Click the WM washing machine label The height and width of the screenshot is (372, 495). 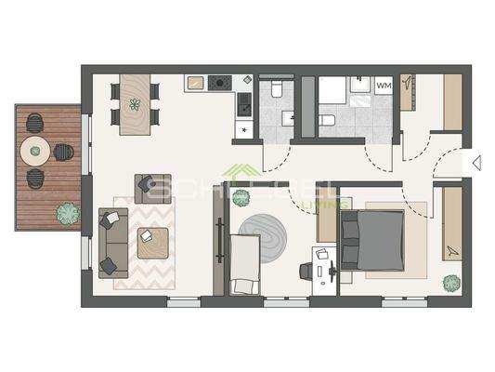pos(384,86)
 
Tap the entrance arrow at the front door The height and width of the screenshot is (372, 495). pos(476,163)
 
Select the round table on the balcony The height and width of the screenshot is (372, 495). pos(35,148)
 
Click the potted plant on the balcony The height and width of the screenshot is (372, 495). pos(66,212)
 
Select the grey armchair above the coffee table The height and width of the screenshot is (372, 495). pos(150,187)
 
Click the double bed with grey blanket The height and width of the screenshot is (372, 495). pos(371,239)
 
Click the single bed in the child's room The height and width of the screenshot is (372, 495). pos(244,263)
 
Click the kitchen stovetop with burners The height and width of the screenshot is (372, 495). pos(219,83)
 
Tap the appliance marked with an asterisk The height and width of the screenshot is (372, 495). pos(243,128)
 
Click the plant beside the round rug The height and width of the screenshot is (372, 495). pos(241,198)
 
